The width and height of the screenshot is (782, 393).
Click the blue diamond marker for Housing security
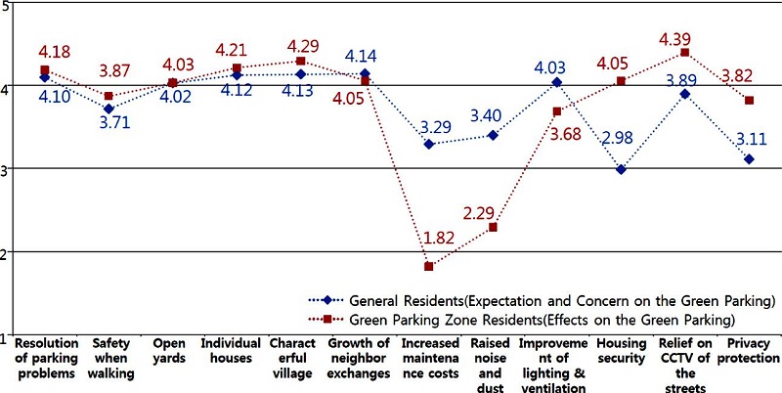pyautogui.click(x=621, y=170)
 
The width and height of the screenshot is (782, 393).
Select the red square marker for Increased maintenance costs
pyautogui.click(x=429, y=266)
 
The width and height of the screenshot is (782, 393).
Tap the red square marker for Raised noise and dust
pyautogui.click(x=493, y=227)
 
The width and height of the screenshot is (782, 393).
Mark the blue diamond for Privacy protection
pyautogui.click(x=749, y=158)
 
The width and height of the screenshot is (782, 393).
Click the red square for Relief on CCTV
pyautogui.click(x=684, y=53)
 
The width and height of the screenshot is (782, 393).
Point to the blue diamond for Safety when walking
pyautogui.click(x=109, y=109)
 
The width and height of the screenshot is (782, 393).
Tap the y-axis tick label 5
pyautogui.click(x=5, y=7)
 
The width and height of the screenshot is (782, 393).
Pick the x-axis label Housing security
pyautogui.click(x=621, y=351)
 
